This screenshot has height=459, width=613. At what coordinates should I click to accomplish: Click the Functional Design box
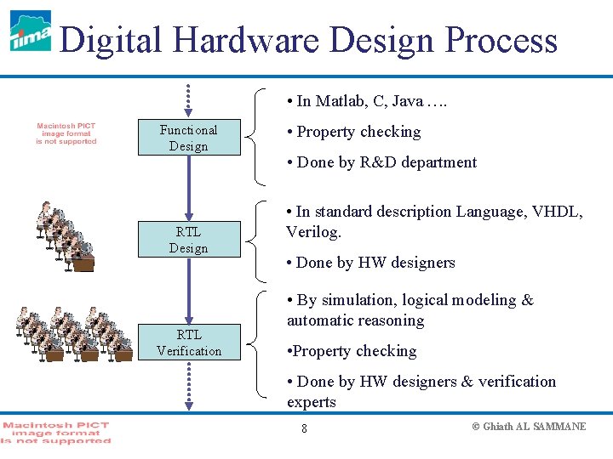(188, 138)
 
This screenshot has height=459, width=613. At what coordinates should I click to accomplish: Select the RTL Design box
(188, 240)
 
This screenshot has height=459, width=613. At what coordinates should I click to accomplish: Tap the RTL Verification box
(188, 343)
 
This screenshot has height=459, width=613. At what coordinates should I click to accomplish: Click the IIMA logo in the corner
(31, 31)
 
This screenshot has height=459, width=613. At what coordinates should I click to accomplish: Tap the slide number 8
(304, 428)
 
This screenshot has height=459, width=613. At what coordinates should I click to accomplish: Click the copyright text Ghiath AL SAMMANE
(529, 427)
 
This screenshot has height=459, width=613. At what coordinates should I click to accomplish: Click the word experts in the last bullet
(312, 402)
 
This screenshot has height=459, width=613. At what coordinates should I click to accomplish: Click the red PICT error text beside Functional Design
(66, 133)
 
